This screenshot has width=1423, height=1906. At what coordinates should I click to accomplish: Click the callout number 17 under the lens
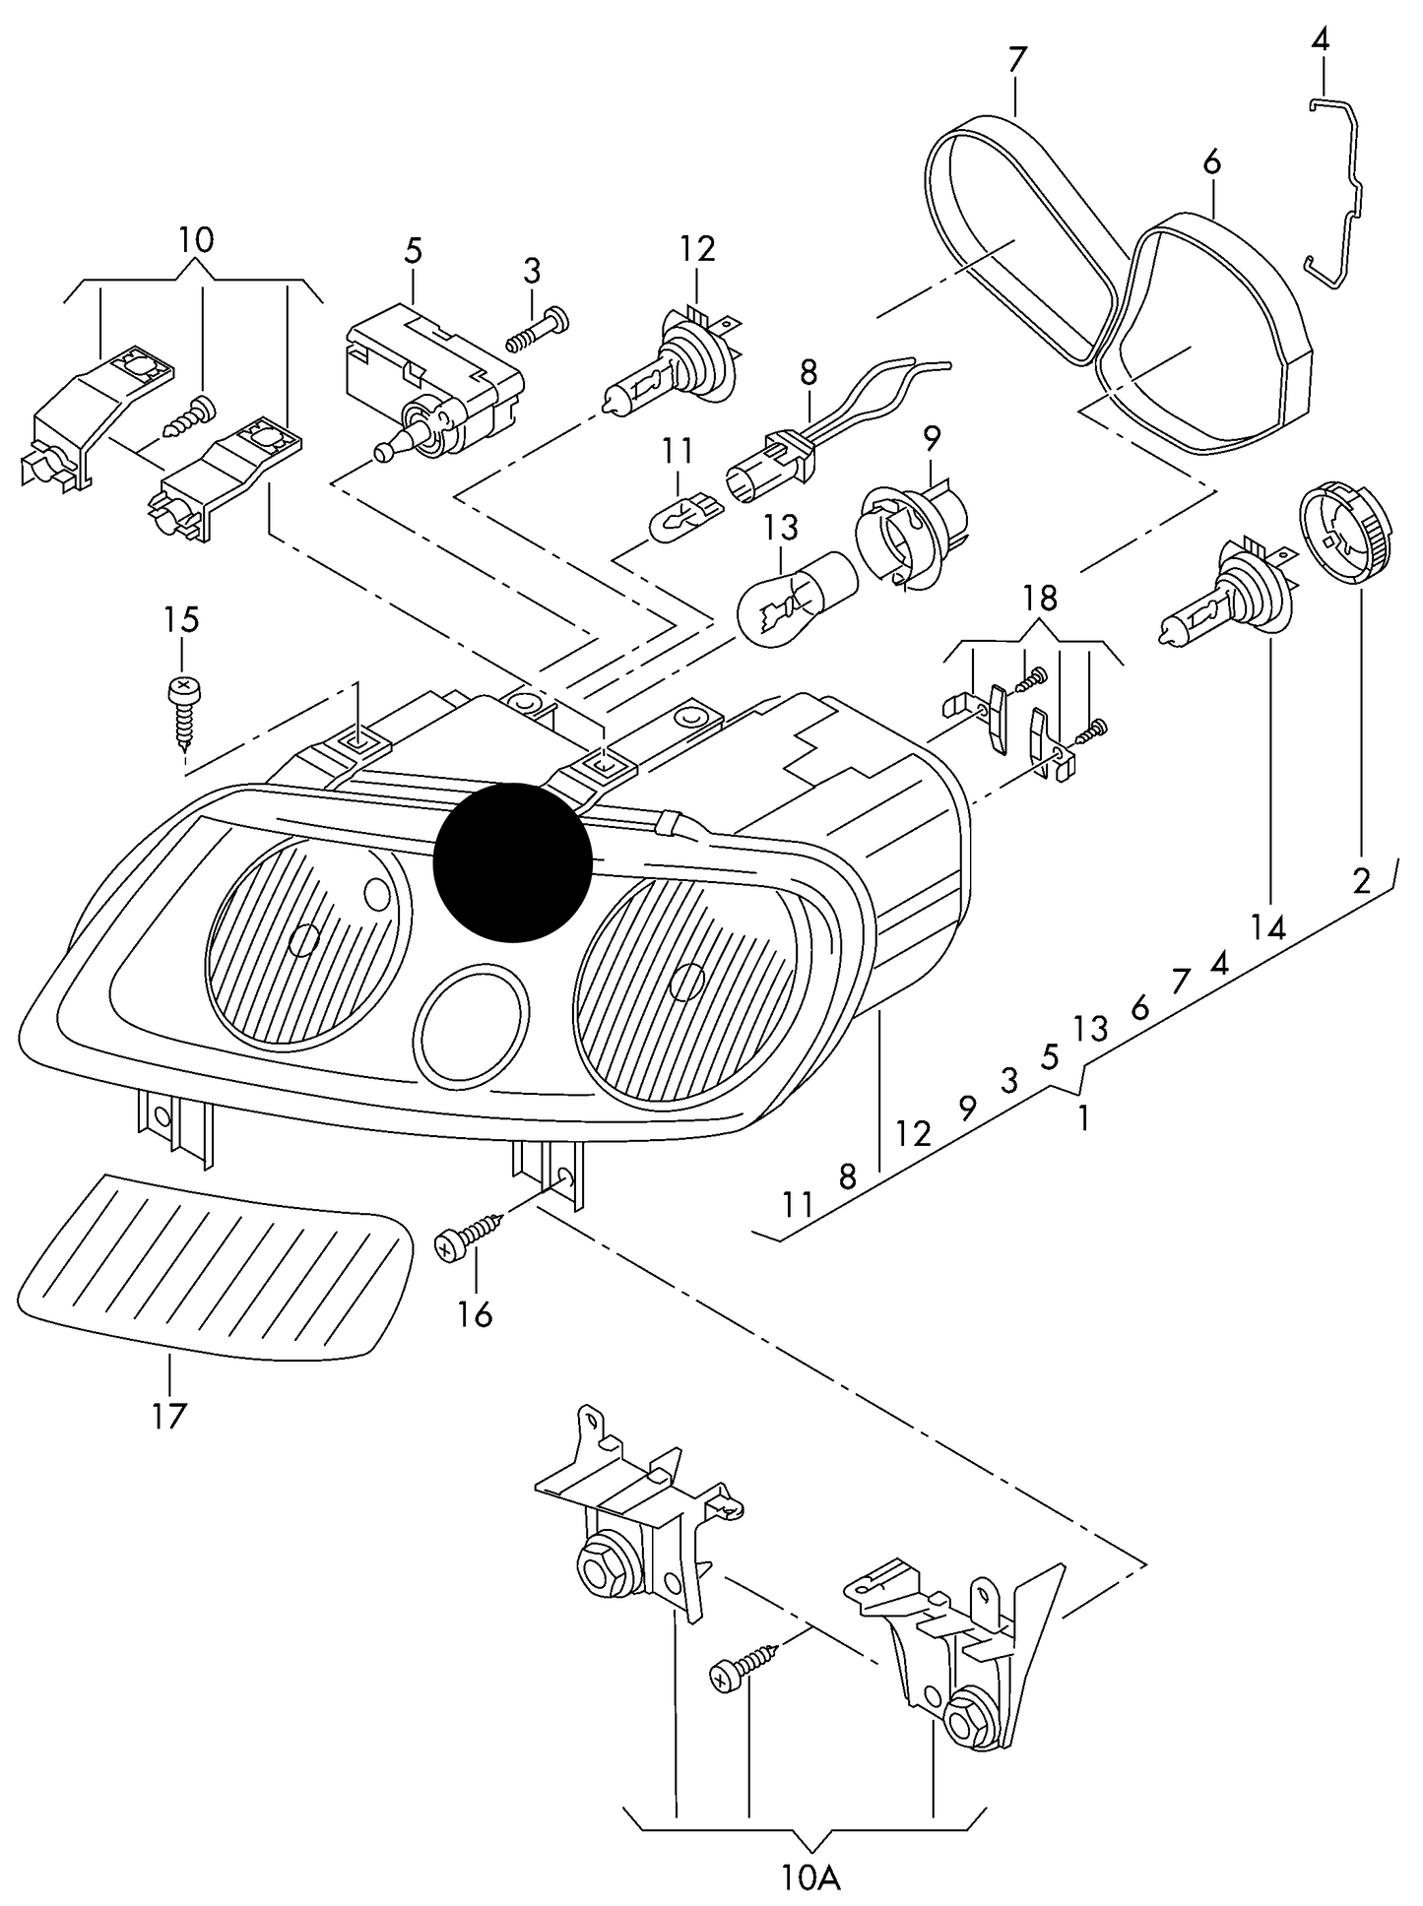point(169,1416)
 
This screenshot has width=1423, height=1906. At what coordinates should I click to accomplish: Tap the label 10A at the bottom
point(812,1878)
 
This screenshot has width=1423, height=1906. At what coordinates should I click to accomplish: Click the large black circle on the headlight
point(512,861)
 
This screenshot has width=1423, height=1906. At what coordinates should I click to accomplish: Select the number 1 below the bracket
point(1083,1117)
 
